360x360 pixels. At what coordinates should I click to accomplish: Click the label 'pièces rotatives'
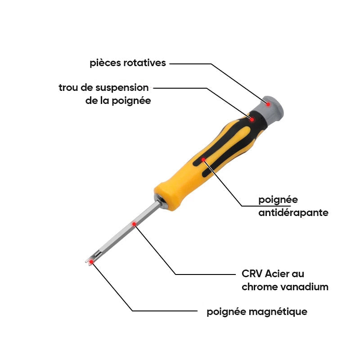tap(128, 63)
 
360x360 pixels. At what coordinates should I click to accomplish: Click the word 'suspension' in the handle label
tap(122, 88)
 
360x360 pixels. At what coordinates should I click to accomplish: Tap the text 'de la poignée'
tap(118, 101)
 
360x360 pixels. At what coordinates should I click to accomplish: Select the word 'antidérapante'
tap(293, 213)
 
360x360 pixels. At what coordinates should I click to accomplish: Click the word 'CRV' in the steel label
tap(252, 274)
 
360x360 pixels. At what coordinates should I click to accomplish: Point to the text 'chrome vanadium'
tap(285, 287)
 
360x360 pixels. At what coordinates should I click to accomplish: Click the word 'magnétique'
tap(278, 312)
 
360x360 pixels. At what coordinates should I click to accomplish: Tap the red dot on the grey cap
tap(268, 104)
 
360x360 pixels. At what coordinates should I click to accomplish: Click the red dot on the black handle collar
tap(252, 119)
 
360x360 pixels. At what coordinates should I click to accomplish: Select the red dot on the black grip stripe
tap(203, 160)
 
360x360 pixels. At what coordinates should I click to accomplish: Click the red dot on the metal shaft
tap(134, 224)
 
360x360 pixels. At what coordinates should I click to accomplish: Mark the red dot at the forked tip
tap(91, 261)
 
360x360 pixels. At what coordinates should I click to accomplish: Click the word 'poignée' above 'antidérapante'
tap(278, 200)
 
